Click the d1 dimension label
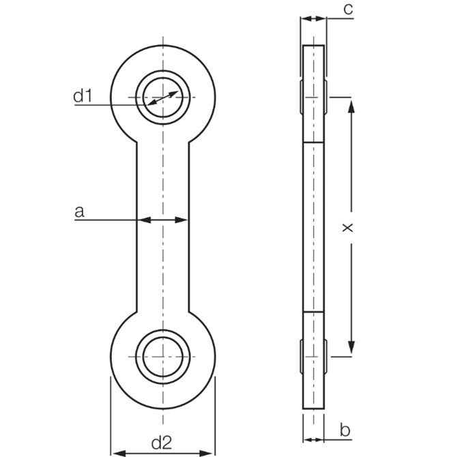pyautogui.click(x=83, y=96)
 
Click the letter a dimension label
pyautogui.click(x=79, y=212)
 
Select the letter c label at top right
pyautogui.click(x=347, y=9)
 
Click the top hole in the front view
pyautogui.click(x=163, y=98)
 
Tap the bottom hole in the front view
pyautogui.click(x=163, y=357)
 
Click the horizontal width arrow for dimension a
pyautogui.click(x=163, y=220)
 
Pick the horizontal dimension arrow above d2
pyautogui.click(x=163, y=452)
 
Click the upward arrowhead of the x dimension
pyautogui.click(x=351, y=104)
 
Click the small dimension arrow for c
pyautogui.click(x=314, y=19)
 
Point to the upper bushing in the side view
pyautogui.click(x=314, y=98)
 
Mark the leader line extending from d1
pyautogui.click(x=109, y=104)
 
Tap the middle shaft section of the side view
pyautogui.click(x=314, y=227)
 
